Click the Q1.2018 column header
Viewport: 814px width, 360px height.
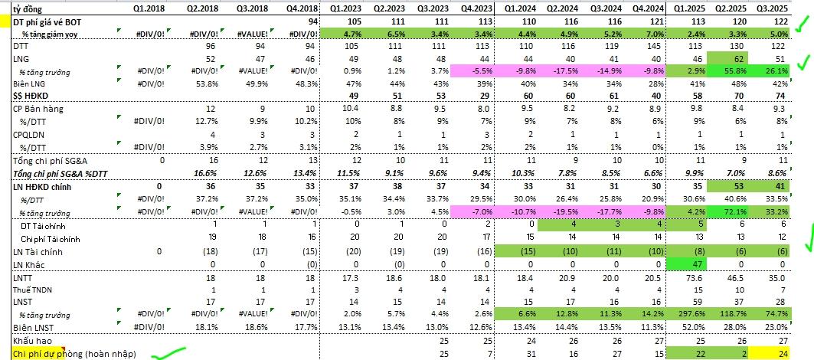point(146,10)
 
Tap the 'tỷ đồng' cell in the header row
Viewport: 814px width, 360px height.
point(26,10)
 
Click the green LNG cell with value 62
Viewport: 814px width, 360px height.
point(736,59)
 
